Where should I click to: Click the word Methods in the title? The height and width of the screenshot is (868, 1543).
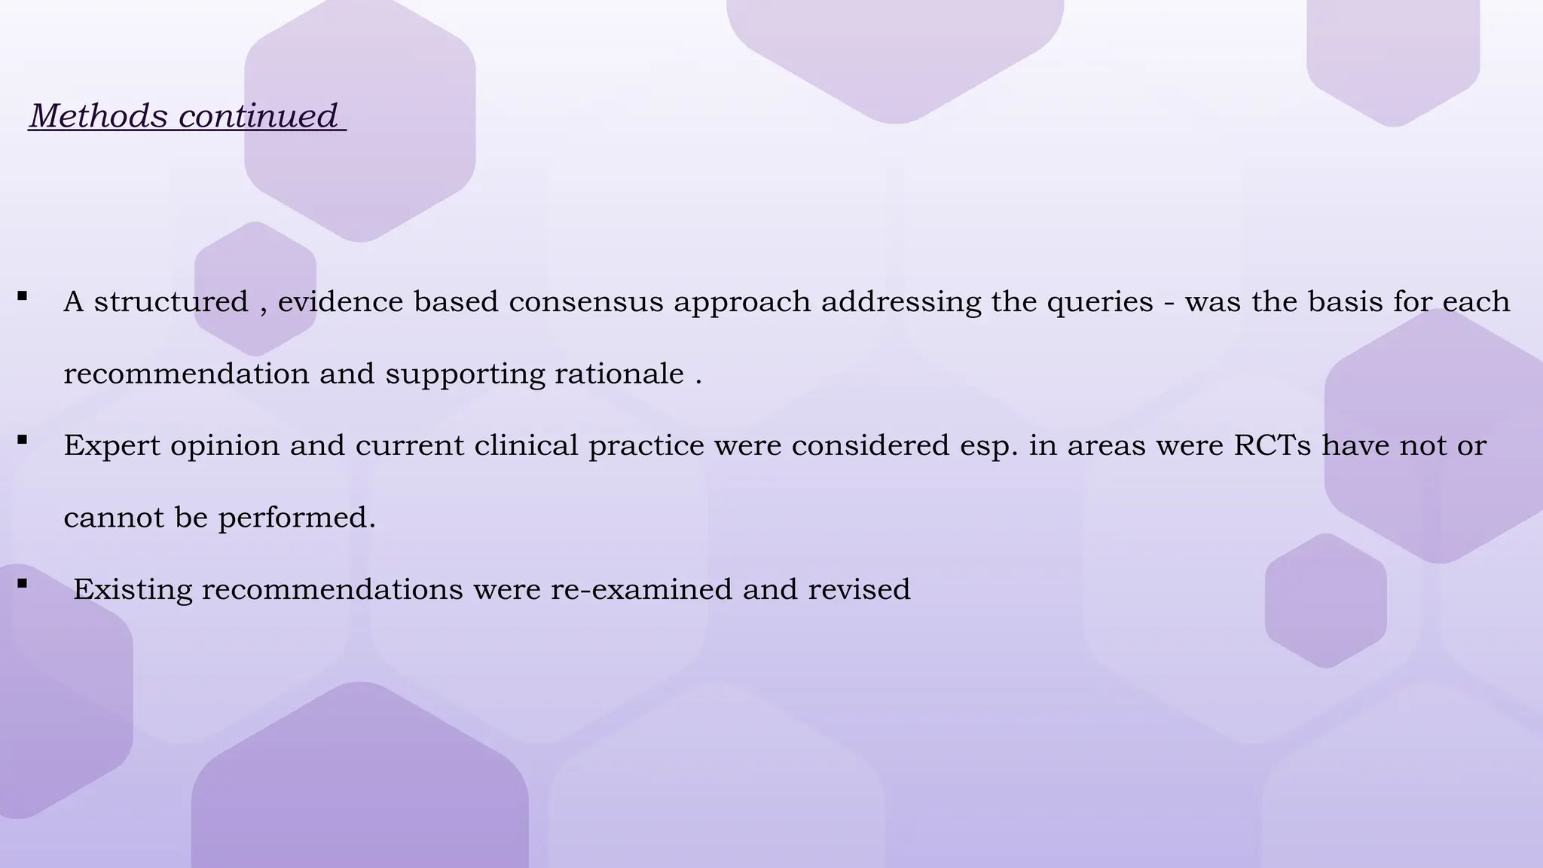tap(99, 116)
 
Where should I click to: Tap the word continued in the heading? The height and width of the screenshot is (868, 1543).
tap(258, 116)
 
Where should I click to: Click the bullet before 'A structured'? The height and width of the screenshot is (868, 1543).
tap(23, 296)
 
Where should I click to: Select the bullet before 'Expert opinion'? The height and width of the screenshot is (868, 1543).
tap(23, 439)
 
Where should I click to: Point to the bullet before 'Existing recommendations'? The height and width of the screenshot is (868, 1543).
tap(23, 583)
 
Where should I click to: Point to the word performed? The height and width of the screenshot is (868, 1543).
tap(297, 518)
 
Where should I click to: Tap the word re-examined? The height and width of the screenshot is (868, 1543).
tap(641, 589)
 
